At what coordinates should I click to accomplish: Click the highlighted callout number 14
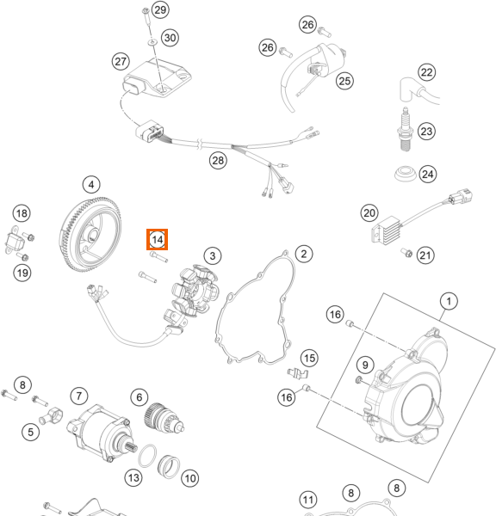[x=158, y=240]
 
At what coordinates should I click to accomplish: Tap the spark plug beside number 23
[x=406, y=130]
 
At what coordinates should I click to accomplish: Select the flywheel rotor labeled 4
[x=90, y=234]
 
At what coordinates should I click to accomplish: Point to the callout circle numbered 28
[x=218, y=161]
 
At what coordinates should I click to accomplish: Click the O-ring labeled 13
[x=147, y=456]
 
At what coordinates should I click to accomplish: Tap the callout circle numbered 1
[x=449, y=301]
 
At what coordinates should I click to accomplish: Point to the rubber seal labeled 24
[x=406, y=174]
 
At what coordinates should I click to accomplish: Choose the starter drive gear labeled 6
[x=164, y=418]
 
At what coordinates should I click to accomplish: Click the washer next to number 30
[x=152, y=42]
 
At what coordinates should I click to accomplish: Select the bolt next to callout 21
[x=406, y=253]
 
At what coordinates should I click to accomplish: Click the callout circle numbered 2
[x=303, y=254]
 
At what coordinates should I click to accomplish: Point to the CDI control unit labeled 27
[x=157, y=78]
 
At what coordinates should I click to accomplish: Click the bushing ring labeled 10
[x=169, y=466]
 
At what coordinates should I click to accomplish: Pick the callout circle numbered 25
[x=344, y=81]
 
